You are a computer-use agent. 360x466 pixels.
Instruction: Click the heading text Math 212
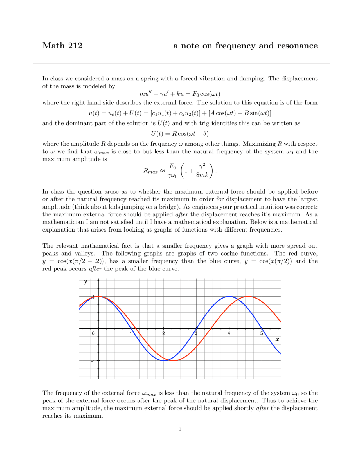[x=62, y=46]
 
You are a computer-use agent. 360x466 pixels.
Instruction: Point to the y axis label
[x=85, y=282]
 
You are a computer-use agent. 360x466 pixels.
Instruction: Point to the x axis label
[x=277, y=339]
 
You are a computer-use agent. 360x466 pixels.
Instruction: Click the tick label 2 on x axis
[x=164, y=333]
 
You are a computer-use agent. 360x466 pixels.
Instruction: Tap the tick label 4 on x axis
[x=229, y=333]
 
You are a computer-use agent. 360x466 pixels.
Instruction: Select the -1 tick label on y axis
[x=93, y=361]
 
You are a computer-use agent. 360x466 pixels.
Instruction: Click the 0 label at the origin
[x=93, y=333]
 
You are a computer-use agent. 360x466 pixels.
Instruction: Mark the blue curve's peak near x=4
[x=229, y=296]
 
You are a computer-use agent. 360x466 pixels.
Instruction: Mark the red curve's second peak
[x=248, y=296]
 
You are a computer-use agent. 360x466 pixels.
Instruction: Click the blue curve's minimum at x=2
[x=164, y=360]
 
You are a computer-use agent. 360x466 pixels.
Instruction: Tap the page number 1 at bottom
[x=180, y=429]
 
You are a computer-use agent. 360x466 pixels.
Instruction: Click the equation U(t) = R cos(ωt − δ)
[x=180, y=133]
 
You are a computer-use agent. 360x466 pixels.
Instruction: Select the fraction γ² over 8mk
[x=202, y=171]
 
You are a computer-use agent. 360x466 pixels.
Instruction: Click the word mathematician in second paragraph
[x=64, y=222]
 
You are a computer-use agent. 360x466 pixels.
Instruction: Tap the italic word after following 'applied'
[x=181, y=214]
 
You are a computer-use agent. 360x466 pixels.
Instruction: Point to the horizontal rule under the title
[x=181, y=64]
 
